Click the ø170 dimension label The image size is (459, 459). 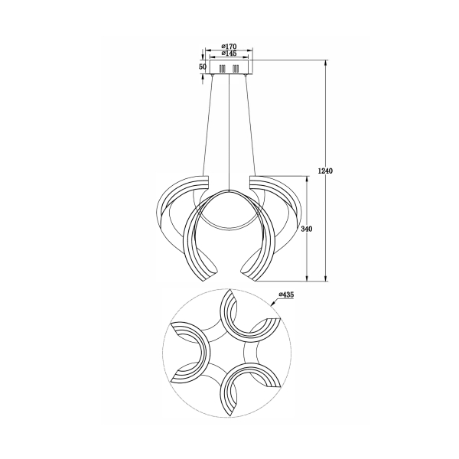pos(229,46)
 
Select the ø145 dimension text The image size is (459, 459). pos(229,53)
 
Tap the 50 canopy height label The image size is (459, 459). pos(203,67)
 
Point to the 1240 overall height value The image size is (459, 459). pos(325,171)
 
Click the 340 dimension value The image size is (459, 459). pos(307,229)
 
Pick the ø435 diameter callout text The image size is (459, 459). pos(286,295)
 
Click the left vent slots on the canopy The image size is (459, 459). pos(223,69)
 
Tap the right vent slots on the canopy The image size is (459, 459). pos(236,69)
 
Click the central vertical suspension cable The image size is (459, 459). pos(229,132)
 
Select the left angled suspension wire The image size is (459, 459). pos(208,125)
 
